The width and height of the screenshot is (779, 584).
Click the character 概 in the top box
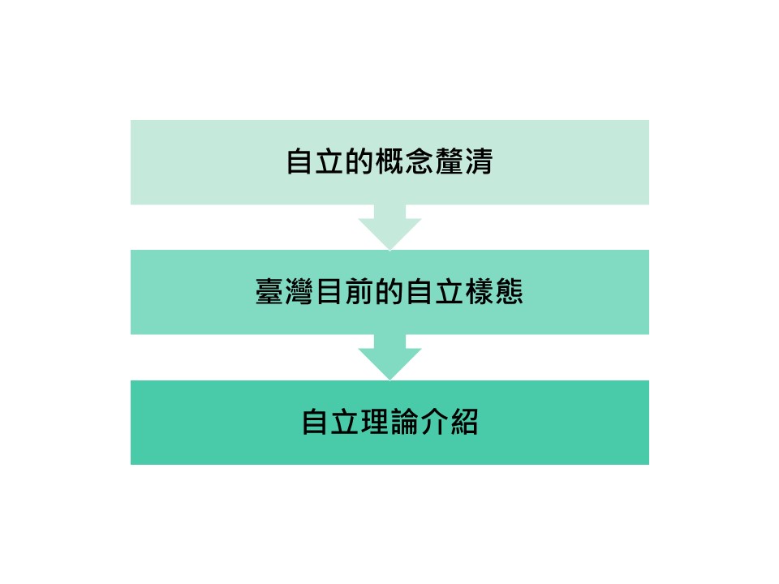[x=389, y=161]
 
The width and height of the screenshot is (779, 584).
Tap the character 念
[x=420, y=161]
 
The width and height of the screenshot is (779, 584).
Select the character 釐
[x=449, y=161]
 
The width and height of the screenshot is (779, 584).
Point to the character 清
[x=479, y=161]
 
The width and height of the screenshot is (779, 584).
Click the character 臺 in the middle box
[x=269, y=291]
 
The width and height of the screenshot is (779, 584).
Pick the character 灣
[x=299, y=291]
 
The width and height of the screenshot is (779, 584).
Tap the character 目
[x=329, y=291]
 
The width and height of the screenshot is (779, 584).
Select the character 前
[x=359, y=291]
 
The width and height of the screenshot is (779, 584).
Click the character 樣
[x=480, y=291]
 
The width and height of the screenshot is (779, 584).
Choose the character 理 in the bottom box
[x=375, y=422]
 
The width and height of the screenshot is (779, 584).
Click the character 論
[x=404, y=422]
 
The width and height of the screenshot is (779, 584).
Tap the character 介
[x=434, y=422]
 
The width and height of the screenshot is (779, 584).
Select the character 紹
[x=464, y=422]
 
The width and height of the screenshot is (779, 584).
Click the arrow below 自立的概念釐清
[x=390, y=227]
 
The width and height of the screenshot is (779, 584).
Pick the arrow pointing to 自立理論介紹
[x=390, y=358]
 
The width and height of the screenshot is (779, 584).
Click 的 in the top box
[x=359, y=161]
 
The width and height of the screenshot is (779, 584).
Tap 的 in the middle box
[x=389, y=291]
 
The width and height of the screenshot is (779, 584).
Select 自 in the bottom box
[x=315, y=422]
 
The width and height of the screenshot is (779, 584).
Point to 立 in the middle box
[x=450, y=291]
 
